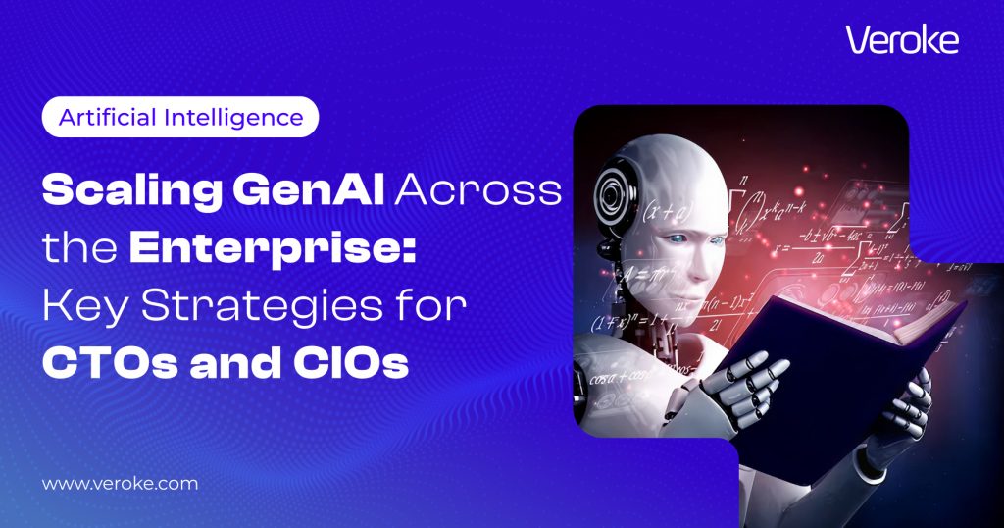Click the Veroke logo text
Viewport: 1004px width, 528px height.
coord(900,40)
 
